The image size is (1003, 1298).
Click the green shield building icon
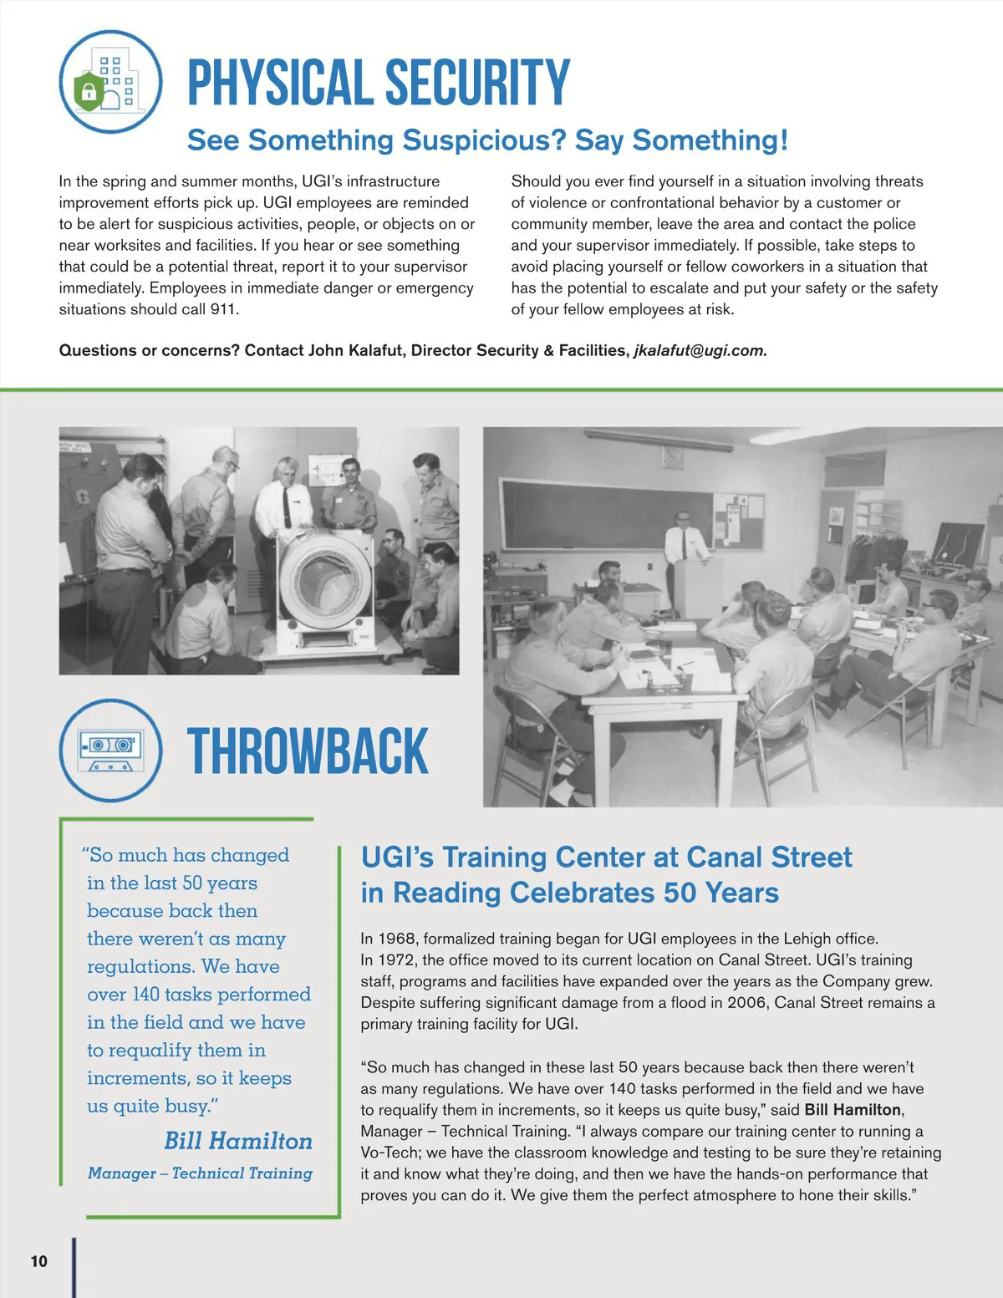point(110,82)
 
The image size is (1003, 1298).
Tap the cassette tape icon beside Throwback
point(110,750)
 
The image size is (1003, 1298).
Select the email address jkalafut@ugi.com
point(698,351)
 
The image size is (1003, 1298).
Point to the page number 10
point(39,1261)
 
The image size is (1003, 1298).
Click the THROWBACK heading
point(308,751)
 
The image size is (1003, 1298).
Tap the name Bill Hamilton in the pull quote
point(238,1141)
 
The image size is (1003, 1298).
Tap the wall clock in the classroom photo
point(673,457)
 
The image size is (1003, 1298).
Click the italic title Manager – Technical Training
point(200,1173)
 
